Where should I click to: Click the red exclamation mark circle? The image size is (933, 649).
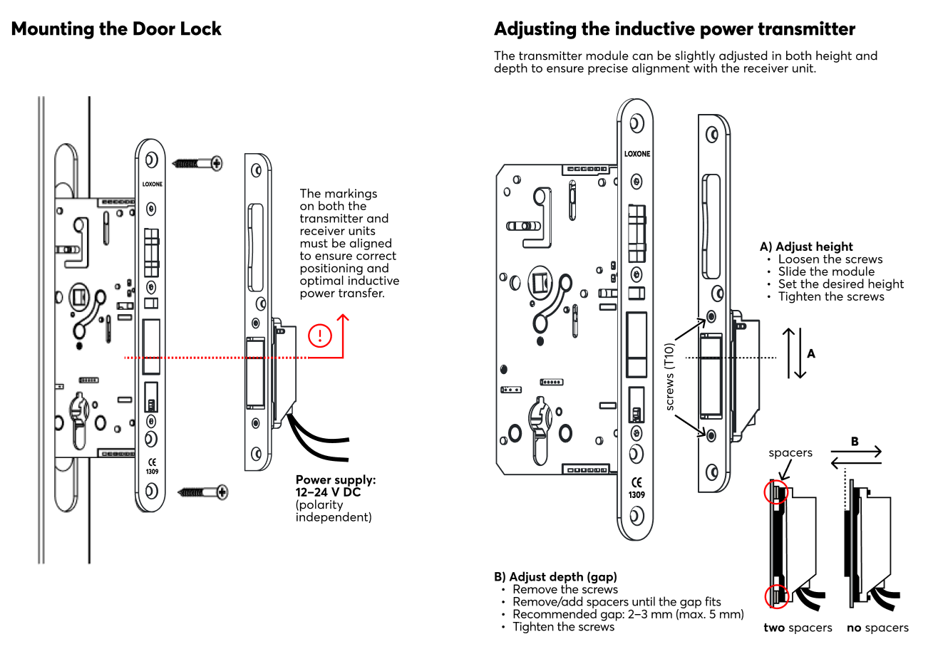click(320, 336)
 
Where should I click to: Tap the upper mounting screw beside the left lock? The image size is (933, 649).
click(197, 163)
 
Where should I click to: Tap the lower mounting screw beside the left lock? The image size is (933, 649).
click(203, 492)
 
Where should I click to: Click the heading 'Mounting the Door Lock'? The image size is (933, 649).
click(116, 29)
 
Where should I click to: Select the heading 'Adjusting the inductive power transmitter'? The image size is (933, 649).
click(674, 29)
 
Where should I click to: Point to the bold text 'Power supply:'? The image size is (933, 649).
click(336, 480)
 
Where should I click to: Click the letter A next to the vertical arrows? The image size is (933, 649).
click(810, 354)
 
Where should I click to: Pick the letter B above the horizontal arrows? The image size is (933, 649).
click(855, 441)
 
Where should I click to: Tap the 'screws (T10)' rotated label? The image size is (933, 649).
click(669, 377)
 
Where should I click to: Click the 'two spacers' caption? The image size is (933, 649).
click(798, 628)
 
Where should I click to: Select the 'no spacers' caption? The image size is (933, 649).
click(877, 628)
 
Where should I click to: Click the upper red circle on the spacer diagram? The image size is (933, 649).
click(776, 492)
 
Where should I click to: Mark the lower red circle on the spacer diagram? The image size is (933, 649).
click(776, 596)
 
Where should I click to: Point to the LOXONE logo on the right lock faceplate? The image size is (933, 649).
click(637, 154)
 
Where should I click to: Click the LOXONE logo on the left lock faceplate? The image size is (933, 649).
click(152, 184)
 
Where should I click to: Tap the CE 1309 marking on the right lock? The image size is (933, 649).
click(636, 488)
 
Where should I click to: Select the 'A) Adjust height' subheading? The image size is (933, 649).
click(806, 247)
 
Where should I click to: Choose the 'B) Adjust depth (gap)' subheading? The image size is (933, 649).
click(555, 577)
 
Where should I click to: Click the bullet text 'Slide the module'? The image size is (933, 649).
click(826, 272)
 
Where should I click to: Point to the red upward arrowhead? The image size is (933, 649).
click(342, 318)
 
